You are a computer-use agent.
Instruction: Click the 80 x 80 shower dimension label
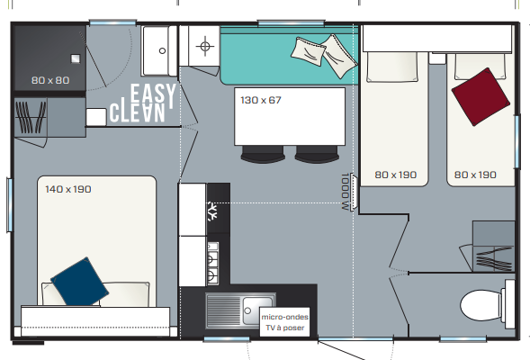click(50, 80)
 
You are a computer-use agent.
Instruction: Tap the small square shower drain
click(76, 58)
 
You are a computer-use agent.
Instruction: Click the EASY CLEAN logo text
click(143, 103)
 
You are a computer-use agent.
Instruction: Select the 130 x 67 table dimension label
click(261, 100)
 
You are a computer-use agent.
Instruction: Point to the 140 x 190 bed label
click(68, 189)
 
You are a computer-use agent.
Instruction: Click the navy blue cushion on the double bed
click(80, 282)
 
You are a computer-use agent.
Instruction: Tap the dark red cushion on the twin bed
click(481, 96)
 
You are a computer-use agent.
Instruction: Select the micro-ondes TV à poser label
click(284, 322)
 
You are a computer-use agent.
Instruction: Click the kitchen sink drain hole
click(247, 310)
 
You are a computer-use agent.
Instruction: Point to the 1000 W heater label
click(345, 192)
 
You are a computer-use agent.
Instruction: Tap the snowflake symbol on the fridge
click(212, 211)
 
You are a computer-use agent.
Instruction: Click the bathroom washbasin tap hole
click(162, 51)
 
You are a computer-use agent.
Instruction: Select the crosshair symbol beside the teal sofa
click(205, 46)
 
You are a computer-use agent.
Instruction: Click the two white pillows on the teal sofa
click(323, 56)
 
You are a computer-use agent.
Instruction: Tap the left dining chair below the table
click(263, 154)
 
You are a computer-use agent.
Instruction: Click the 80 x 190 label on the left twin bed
click(395, 175)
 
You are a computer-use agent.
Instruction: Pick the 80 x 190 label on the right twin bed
click(475, 175)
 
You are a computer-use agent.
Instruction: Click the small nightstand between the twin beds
click(437, 58)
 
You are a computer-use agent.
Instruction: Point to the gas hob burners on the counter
click(212, 264)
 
